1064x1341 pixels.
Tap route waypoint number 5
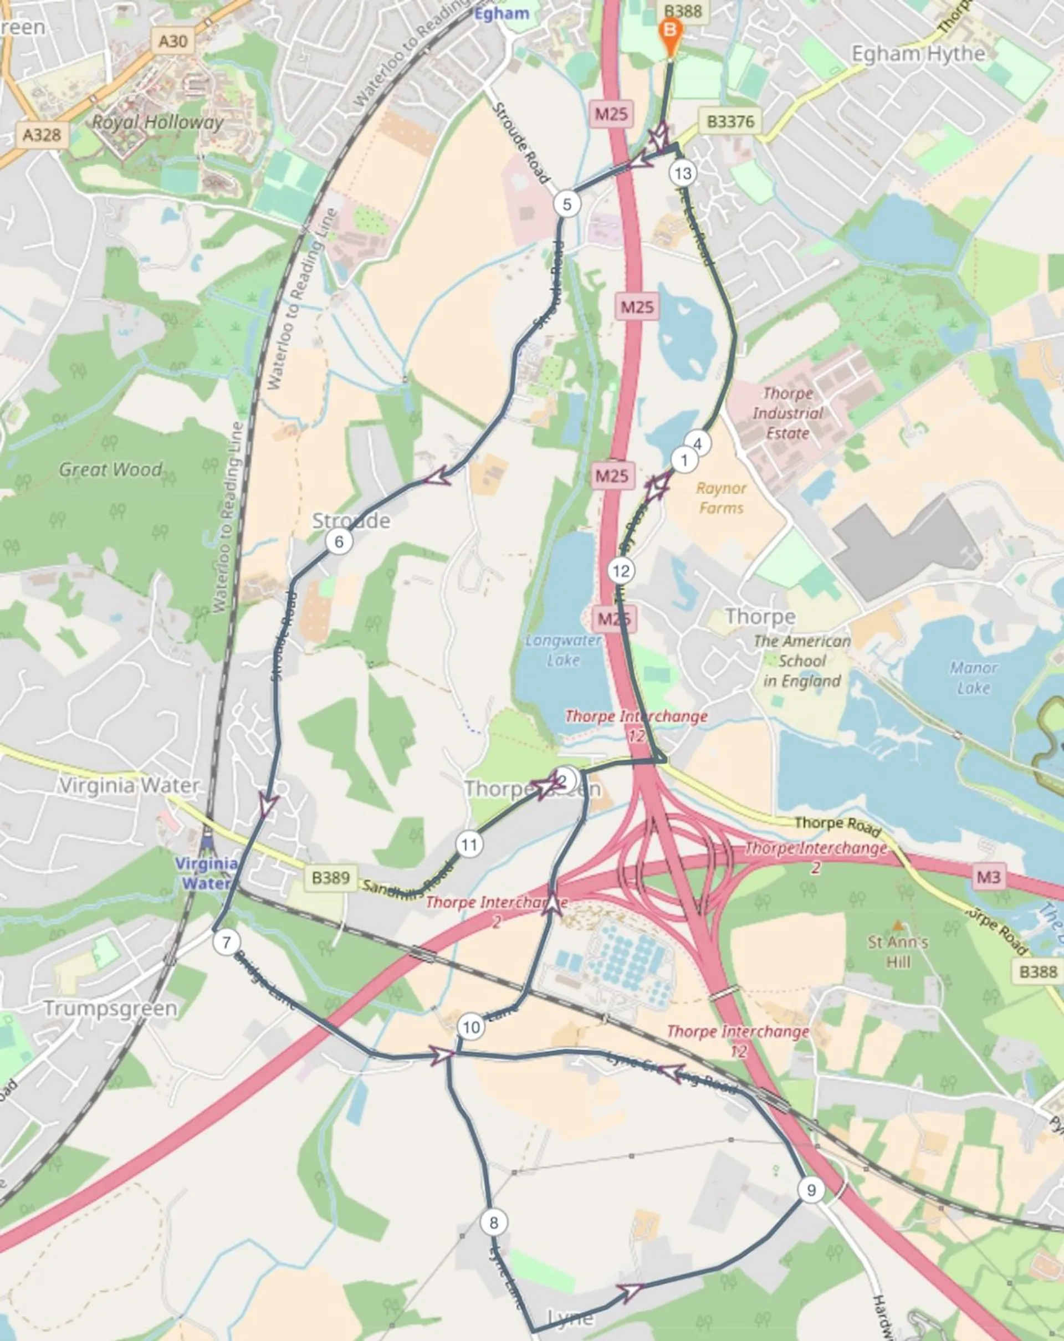pos(566,203)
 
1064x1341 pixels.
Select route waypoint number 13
pos(683,173)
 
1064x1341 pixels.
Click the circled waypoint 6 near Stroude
pos(339,541)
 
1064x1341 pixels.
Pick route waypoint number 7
pos(226,941)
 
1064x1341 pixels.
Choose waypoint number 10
pos(470,1026)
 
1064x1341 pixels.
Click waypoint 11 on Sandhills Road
pos(469,844)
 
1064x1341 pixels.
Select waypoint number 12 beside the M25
pos(621,570)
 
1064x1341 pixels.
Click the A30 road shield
pos(173,41)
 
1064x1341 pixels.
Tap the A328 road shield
pos(42,134)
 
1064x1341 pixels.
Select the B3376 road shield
pos(730,121)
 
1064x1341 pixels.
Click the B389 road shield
pos(330,878)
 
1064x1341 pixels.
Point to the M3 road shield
pos(988,877)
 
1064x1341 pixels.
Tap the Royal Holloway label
pos(157,122)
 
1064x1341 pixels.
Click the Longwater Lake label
pos(564,649)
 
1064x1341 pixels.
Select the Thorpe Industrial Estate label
pos(787,413)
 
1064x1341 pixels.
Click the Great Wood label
pos(111,469)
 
